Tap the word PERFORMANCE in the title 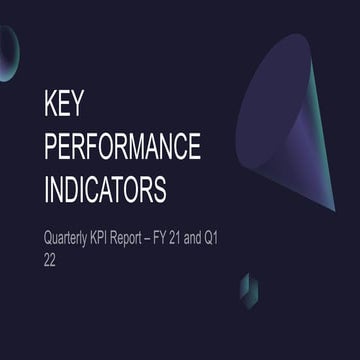tap(123, 146)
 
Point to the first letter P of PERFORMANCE tap(53, 146)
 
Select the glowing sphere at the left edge tap(7, 52)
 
